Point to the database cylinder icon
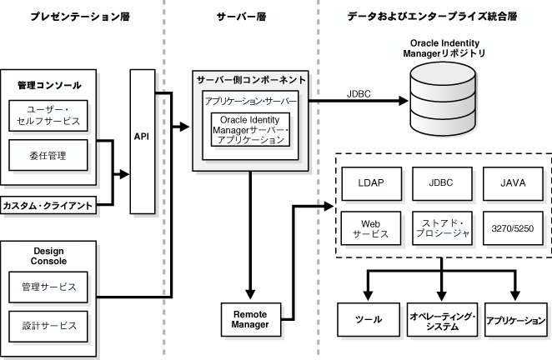442,99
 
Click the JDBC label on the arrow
359,93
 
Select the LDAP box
369,182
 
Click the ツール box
369,319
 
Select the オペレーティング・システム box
442,319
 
